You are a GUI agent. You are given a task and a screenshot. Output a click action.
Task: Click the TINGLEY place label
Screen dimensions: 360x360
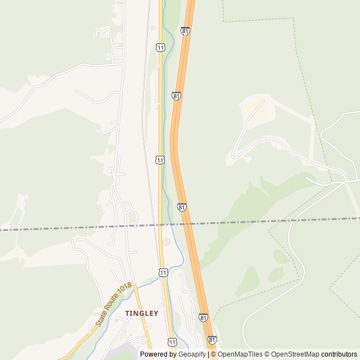pyautogui.click(x=142, y=313)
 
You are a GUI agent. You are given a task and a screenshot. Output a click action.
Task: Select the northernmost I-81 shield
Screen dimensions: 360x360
pyautogui.click(x=185, y=31)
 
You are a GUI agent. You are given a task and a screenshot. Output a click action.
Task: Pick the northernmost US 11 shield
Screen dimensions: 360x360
pyautogui.click(x=161, y=48)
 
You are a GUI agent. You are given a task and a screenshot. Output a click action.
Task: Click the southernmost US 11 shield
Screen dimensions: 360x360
pyautogui.click(x=172, y=341)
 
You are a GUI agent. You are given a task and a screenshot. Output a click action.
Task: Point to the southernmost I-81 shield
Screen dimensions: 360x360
pyautogui.click(x=212, y=340)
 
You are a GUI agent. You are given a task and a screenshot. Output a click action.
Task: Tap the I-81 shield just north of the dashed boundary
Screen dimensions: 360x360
pyautogui.click(x=182, y=208)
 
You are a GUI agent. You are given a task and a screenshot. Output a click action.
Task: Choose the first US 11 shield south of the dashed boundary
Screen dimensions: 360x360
pyautogui.click(x=163, y=272)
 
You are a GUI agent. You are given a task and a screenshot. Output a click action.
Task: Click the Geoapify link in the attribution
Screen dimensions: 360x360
pyautogui.click(x=193, y=354)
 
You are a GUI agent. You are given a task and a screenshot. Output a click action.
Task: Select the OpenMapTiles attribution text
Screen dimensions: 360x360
pyautogui.click(x=240, y=354)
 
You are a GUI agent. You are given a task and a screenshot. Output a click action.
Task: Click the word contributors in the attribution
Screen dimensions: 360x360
pyautogui.click(x=339, y=354)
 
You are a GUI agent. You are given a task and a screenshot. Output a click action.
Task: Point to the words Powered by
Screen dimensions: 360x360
pyautogui.click(x=158, y=354)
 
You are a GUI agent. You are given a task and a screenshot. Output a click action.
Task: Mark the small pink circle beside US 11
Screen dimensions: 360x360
pyautogui.click(x=166, y=242)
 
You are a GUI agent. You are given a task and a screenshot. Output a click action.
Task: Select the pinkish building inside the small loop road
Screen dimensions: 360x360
pyautogui.click(x=131, y=216)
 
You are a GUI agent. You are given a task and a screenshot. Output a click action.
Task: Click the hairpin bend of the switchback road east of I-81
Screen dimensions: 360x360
pyautogui.click(x=234, y=154)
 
